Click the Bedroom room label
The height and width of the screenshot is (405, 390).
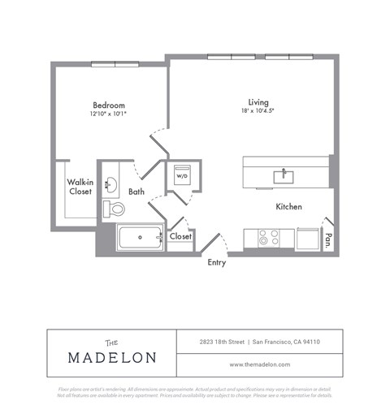pyautogui.click(x=108, y=106)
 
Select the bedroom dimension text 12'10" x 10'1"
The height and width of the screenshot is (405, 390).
pyautogui.click(x=108, y=114)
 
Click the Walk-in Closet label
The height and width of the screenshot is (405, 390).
pyautogui.click(x=80, y=187)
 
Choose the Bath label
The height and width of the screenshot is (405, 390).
pyautogui.click(x=136, y=192)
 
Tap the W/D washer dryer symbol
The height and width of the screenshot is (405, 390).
pyautogui.click(x=181, y=176)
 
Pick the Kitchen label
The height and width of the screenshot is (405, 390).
pyautogui.click(x=288, y=207)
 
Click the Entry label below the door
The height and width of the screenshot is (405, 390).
pyautogui.click(x=216, y=263)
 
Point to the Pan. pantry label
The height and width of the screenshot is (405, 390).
pyautogui.click(x=328, y=239)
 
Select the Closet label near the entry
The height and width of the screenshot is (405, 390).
pyautogui.click(x=180, y=236)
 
